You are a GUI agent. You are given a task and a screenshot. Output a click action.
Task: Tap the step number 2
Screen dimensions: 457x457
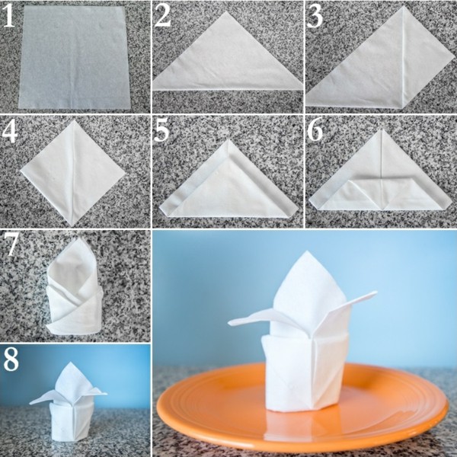coord(163,16)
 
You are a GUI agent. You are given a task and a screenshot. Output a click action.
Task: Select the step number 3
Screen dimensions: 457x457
coord(315,16)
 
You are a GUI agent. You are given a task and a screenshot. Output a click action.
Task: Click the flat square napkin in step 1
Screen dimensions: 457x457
coord(74,57)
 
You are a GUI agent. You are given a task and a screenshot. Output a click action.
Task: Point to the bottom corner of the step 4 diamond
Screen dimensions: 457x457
coord(72,226)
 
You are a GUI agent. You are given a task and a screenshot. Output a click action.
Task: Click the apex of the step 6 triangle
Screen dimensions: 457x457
coord(382,130)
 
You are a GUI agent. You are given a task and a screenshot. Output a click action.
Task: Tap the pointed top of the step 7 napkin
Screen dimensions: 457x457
coord(79,238)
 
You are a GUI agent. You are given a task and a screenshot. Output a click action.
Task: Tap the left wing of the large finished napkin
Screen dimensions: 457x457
coord(257,318)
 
